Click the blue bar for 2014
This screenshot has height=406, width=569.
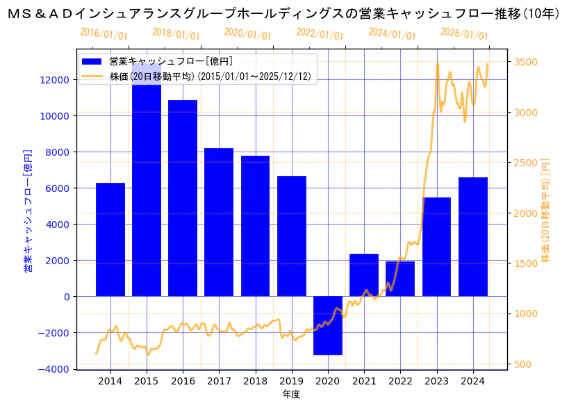(x=110, y=240)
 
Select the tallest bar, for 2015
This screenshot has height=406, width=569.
(x=147, y=188)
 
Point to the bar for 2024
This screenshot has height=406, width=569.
(x=472, y=236)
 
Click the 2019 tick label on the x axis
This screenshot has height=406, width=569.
(x=291, y=381)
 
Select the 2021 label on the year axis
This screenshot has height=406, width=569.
(x=364, y=381)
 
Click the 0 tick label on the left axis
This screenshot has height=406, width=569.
(x=65, y=297)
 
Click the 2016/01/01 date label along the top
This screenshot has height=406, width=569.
(x=104, y=34)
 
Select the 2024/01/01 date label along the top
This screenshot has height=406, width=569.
(x=393, y=34)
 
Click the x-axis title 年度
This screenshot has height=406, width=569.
(x=291, y=395)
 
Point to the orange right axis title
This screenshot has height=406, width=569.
(x=546, y=209)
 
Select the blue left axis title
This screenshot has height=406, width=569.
(x=28, y=209)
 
